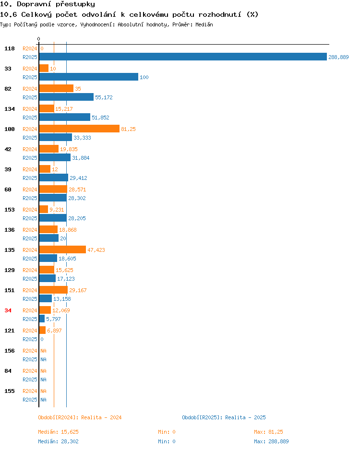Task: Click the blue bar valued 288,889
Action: tap(183, 57)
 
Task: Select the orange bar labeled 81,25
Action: tap(79, 129)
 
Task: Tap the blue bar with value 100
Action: tap(89, 77)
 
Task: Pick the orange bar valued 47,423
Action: tap(62, 249)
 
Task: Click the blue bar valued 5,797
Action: tap(42, 319)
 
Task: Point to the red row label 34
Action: tap(8, 310)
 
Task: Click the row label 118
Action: tap(10, 48)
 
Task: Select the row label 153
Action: tap(10, 210)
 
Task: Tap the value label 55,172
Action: tap(104, 97)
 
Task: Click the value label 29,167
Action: tap(78, 290)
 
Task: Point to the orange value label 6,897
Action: tap(55, 331)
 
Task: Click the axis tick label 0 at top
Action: tap(39, 39)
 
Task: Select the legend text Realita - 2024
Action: tap(101, 417)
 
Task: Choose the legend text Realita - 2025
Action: tap(245, 417)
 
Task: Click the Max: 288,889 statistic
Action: tap(271, 441)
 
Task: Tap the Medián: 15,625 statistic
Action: tap(58, 432)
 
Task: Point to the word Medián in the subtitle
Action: tap(204, 24)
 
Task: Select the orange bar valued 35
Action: tap(56, 88)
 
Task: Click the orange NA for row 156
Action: tap(43, 351)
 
